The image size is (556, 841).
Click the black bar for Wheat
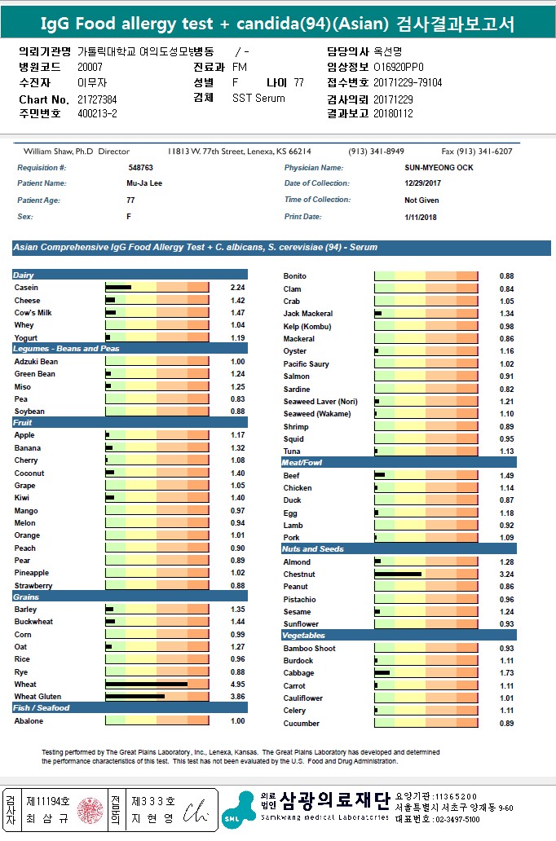coord(146,685)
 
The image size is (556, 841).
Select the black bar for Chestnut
coord(398,575)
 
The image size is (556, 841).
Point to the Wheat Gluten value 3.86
coord(237,697)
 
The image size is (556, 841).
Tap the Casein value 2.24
coord(237,288)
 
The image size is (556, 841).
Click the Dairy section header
coord(24,275)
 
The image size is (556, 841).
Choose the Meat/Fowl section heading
coord(302,463)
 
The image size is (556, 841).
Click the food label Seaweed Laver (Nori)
coord(320,402)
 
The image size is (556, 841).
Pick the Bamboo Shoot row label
coord(309,649)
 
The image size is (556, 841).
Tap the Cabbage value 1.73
coord(506,673)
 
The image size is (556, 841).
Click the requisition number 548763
coord(141,168)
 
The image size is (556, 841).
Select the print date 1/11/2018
coord(421,217)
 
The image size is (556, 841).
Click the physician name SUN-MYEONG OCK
coord(439,168)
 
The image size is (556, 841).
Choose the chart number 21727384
coord(97,99)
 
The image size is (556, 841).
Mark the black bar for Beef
coord(380,475)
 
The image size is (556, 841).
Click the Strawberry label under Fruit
coord(33,586)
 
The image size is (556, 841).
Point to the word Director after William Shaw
coord(113,152)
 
